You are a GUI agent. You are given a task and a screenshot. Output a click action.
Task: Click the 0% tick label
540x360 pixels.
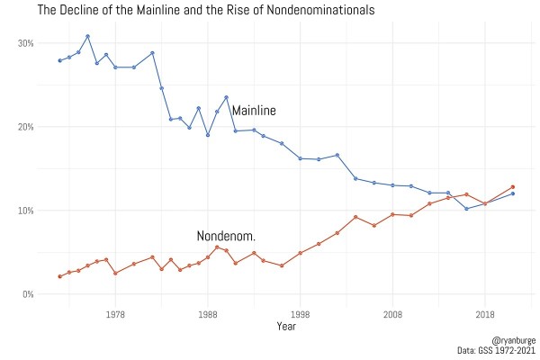28,294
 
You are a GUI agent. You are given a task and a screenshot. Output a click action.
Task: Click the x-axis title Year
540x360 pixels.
286,326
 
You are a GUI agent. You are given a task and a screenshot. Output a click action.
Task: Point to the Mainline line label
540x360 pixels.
254,111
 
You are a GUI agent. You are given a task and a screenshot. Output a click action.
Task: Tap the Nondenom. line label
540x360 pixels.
226,236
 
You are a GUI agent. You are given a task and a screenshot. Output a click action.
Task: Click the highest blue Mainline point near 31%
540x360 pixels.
87,37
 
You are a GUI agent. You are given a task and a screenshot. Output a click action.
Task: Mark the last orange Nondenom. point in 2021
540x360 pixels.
513,187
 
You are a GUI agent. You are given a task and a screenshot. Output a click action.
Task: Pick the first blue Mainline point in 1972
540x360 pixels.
59,60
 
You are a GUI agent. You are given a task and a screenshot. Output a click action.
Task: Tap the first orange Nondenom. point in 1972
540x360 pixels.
59,276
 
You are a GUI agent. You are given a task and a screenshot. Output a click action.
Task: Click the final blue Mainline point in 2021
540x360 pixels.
513,193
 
